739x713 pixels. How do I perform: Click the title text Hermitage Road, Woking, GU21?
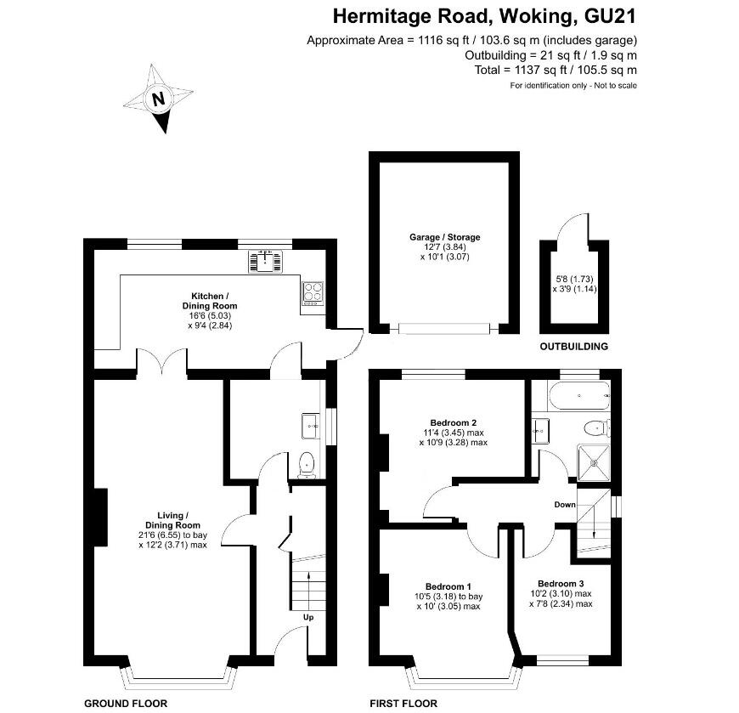coord(484,15)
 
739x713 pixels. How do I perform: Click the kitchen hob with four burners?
coord(313,291)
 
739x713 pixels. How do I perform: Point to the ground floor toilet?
coord(306,464)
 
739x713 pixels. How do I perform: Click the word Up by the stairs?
coord(308,617)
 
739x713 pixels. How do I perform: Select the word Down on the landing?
coord(565,505)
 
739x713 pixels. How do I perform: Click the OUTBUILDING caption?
coord(574,347)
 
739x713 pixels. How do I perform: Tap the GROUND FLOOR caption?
coord(125,703)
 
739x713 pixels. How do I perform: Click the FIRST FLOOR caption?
coord(403,703)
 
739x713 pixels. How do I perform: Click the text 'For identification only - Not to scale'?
coord(573,85)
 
